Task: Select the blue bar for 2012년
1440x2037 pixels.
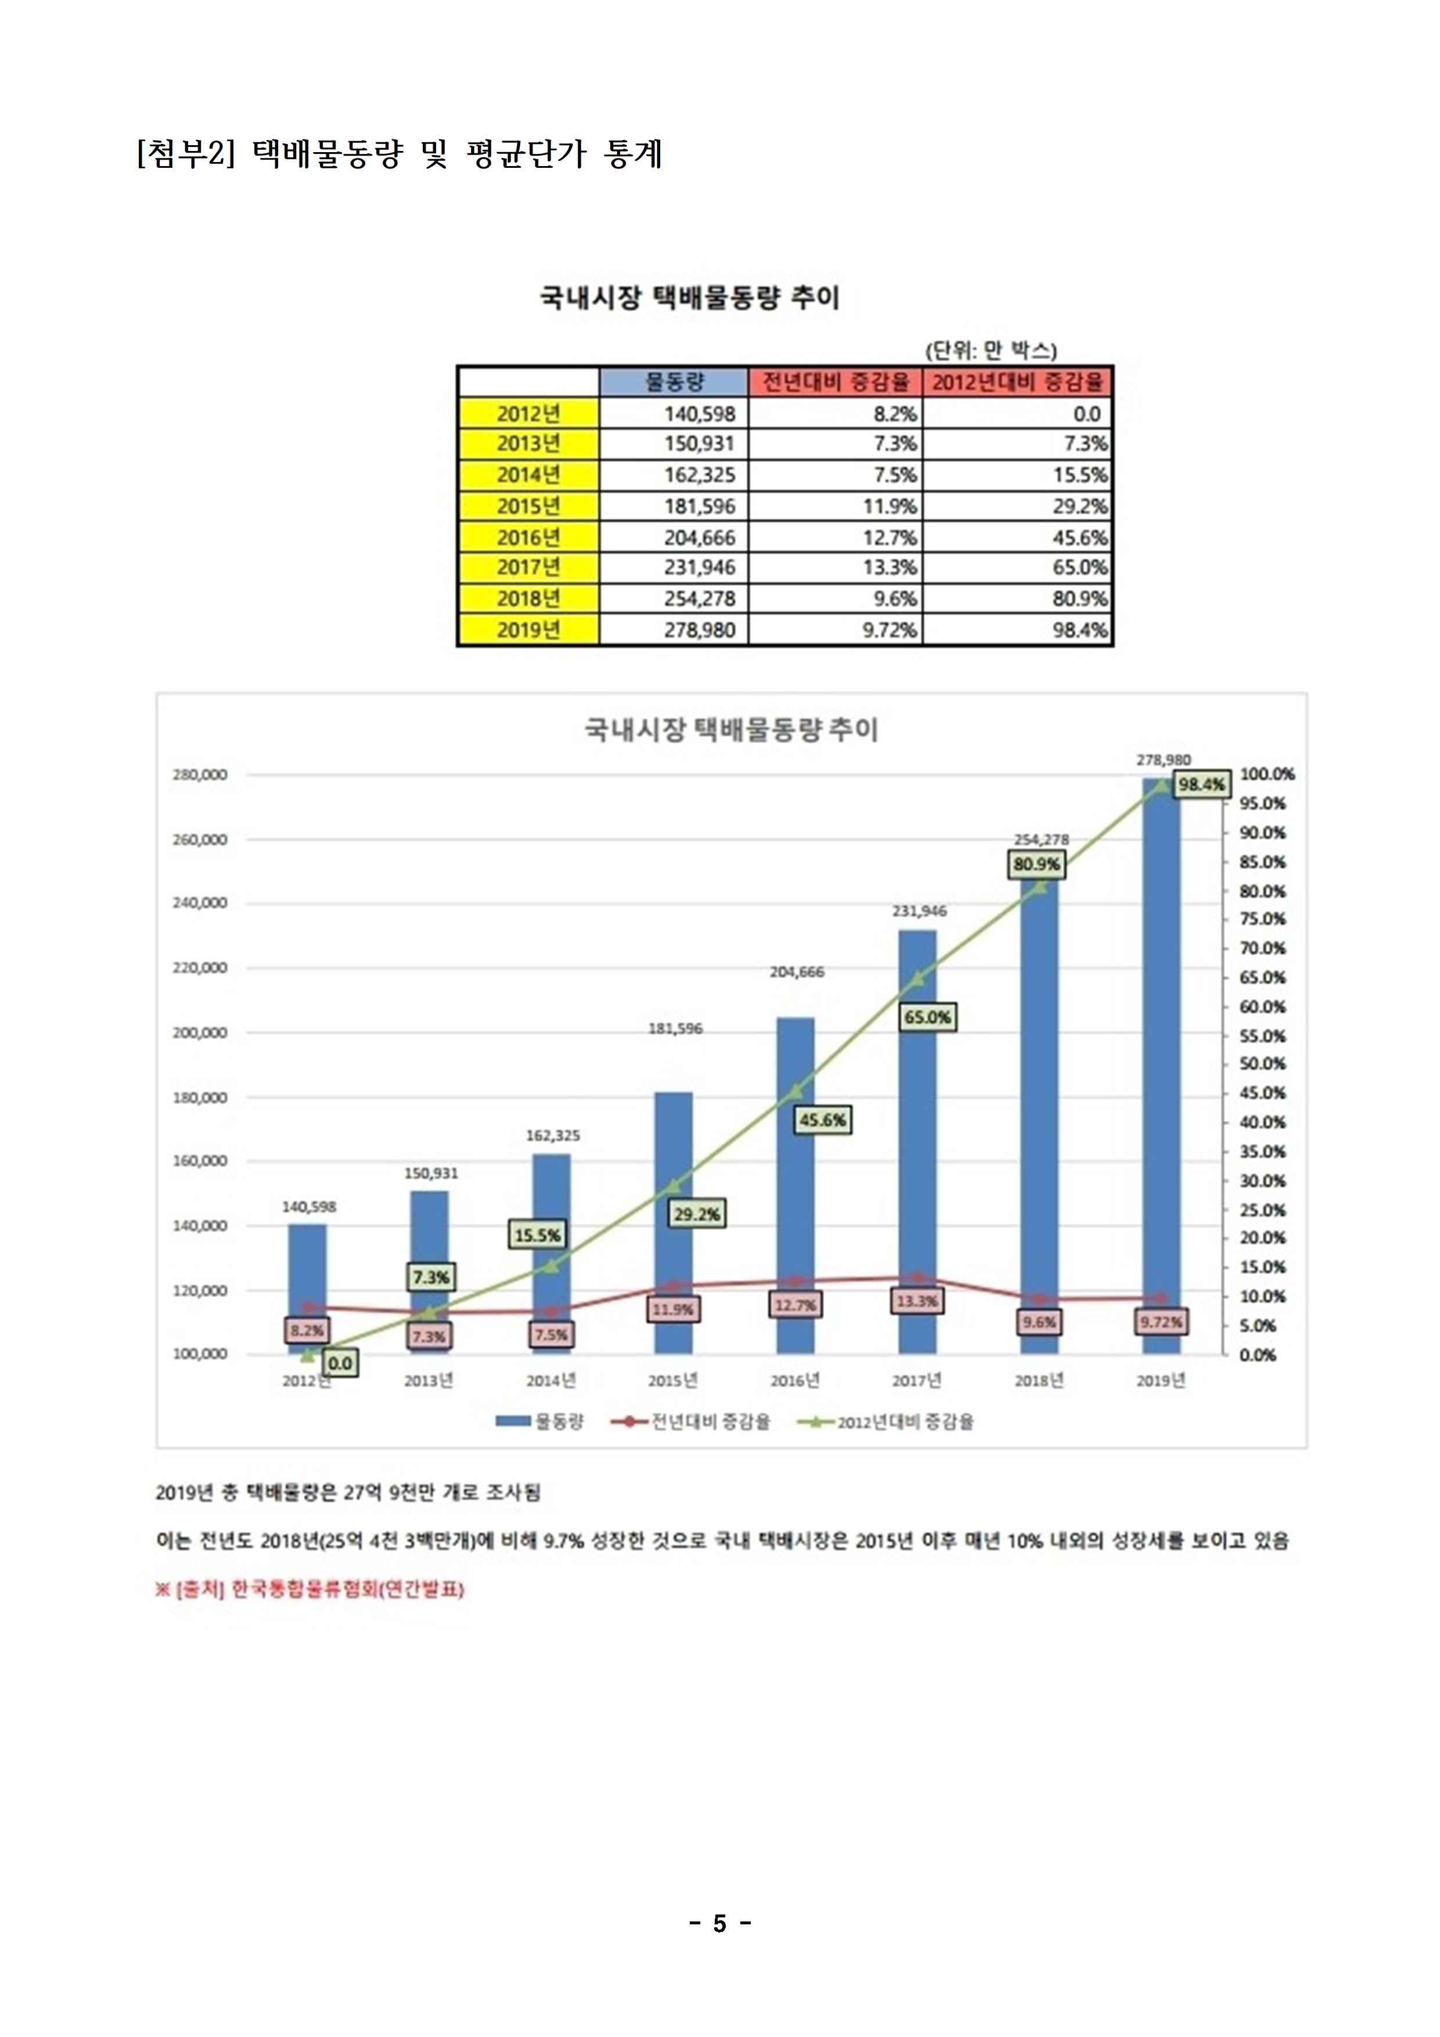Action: point(307,1277)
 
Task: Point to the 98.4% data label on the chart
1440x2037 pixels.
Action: point(1201,784)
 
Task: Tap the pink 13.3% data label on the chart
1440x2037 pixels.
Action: point(916,1301)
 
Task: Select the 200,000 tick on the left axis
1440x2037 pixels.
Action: point(200,1032)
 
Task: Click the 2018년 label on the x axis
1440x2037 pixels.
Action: point(1039,1380)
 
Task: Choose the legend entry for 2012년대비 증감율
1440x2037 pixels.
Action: point(887,1422)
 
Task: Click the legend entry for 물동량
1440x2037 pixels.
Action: point(541,1422)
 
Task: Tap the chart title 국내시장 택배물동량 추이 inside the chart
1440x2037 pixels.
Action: point(730,730)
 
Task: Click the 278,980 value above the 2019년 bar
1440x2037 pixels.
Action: point(1163,760)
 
